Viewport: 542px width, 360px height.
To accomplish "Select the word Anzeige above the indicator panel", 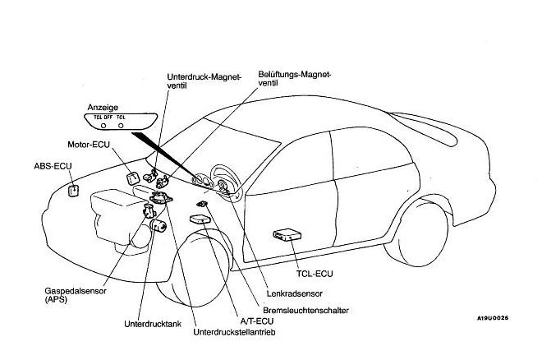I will pyautogui.click(x=103, y=107).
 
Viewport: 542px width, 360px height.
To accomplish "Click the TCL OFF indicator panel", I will pyautogui.click(x=114, y=122).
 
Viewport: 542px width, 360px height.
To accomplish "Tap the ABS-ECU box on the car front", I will pyautogui.click(x=73, y=191).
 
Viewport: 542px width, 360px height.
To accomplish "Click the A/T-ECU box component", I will pyautogui.click(x=200, y=219).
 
